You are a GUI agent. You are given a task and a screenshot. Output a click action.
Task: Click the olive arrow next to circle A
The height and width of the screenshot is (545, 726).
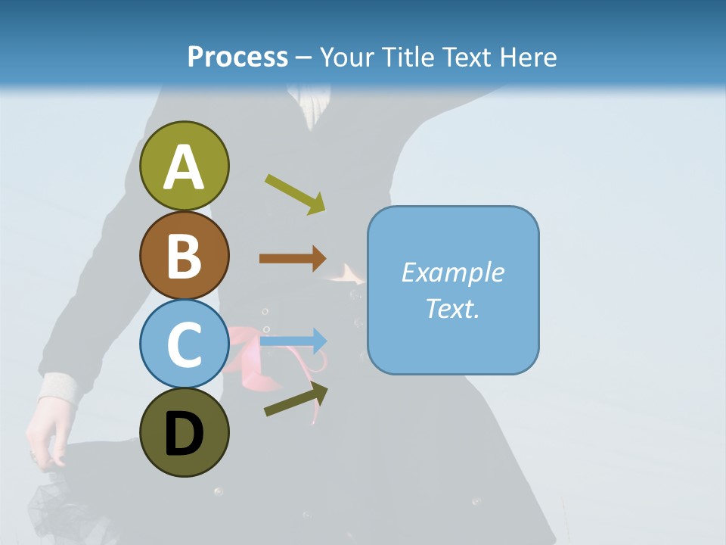pos(295,194)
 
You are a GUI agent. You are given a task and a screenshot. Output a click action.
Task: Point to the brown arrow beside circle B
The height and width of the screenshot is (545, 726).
pos(293,259)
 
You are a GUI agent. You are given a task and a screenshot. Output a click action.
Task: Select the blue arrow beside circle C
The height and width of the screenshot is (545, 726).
pos(293,341)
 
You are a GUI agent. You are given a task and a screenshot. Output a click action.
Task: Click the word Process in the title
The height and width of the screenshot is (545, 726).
pos(237,57)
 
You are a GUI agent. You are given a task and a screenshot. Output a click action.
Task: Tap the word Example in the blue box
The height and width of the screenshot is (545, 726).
pos(452,272)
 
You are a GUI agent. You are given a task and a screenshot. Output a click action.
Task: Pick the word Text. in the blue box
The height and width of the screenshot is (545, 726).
pos(452,308)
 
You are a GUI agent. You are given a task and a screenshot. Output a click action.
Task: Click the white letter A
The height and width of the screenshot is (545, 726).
pos(184,167)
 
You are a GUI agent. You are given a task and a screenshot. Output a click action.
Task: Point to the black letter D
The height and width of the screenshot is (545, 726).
pos(184,434)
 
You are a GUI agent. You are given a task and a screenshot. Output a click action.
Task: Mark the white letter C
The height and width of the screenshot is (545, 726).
pos(184,344)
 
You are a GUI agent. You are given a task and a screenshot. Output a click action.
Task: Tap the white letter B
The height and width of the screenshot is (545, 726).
pos(184,256)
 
